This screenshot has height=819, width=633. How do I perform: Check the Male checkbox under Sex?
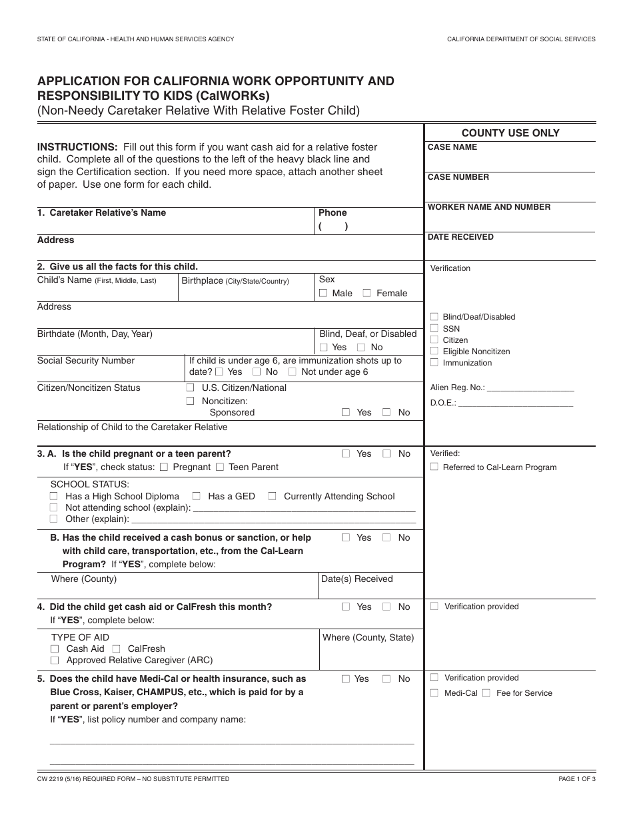click(x=323, y=293)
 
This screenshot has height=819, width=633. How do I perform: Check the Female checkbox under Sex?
click(x=367, y=293)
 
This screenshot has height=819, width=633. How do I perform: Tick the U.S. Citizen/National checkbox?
click(x=190, y=388)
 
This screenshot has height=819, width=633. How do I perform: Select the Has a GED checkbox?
click(x=197, y=496)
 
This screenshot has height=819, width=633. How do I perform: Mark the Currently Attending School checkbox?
click(x=272, y=496)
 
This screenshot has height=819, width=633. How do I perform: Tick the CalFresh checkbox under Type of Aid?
click(x=116, y=649)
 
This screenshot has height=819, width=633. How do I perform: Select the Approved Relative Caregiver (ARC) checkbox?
click(x=55, y=661)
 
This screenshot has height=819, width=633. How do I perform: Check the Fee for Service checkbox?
click(x=486, y=693)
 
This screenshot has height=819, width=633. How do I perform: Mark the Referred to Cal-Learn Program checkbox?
click(x=434, y=467)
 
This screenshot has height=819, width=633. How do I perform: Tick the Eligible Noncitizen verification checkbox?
click(x=434, y=351)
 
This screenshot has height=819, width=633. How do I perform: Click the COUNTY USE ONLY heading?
click(x=510, y=133)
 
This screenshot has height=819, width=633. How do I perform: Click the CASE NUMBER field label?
click(x=458, y=177)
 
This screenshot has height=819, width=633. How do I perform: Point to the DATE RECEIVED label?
click(x=460, y=237)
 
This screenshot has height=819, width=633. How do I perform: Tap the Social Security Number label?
click(x=86, y=360)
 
